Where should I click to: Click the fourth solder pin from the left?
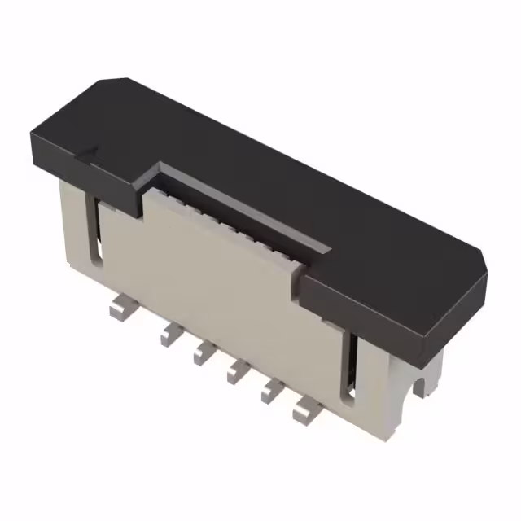click(236, 370)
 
